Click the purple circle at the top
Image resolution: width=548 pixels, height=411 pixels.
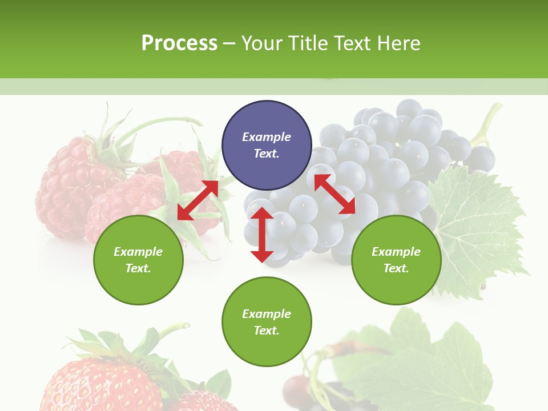click(x=267, y=145)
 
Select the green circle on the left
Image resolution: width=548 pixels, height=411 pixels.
click(x=138, y=260)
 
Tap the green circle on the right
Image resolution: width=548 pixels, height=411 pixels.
click(x=396, y=260)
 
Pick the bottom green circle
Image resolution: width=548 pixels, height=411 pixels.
click(x=267, y=322)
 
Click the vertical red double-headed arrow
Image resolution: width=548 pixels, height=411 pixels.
click(x=262, y=235)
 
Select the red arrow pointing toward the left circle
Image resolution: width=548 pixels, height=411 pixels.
click(x=198, y=200)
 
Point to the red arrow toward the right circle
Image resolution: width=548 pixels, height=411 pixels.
click(x=335, y=194)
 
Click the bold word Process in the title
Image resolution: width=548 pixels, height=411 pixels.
click(x=179, y=43)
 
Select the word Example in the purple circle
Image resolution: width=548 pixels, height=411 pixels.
click(x=267, y=137)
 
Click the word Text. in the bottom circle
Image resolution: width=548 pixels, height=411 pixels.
click(x=267, y=331)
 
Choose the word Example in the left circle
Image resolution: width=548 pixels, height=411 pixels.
click(x=138, y=252)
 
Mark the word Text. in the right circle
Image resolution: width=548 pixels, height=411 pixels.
click(x=396, y=268)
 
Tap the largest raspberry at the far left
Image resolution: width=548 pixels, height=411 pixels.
click(x=63, y=183)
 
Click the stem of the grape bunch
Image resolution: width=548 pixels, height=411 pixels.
click(x=485, y=126)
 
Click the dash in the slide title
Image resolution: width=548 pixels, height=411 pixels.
click(x=229, y=43)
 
